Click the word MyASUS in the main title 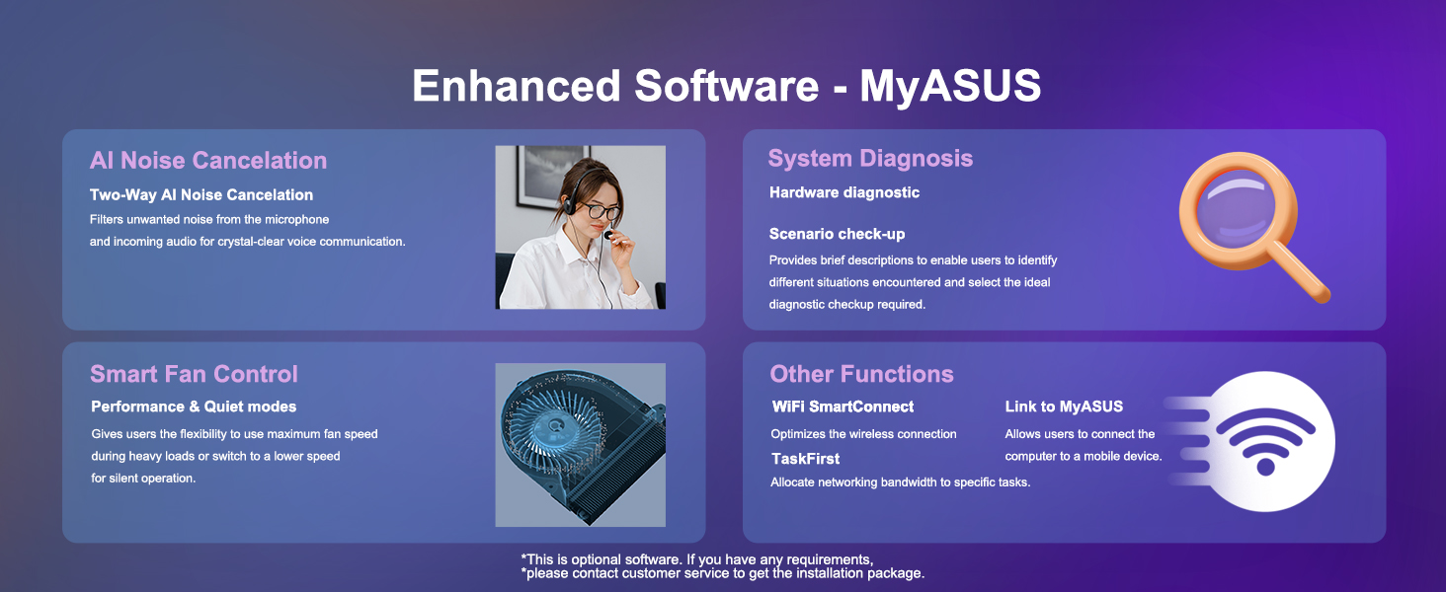pyautogui.click(x=950, y=87)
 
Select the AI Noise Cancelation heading pyautogui.click(x=208, y=161)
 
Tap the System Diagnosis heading pyautogui.click(x=870, y=159)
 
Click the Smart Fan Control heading pyautogui.click(x=194, y=374)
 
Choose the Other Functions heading pyautogui.click(x=862, y=374)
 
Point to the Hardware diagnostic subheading pyautogui.click(x=844, y=192)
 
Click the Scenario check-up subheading pyautogui.click(x=838, y=234)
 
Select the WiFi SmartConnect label pyautogui.click(x=843, y=407)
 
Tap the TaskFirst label pyautogui.click(x=806, y=459)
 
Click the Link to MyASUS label pyautogui.click(x=1064, y=407)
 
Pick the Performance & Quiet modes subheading pyautogui.click(x=194, y=407)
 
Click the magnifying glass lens pyautogui.click(x=1237, y=208)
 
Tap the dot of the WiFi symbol pyautogui.click(x=1265, y=467)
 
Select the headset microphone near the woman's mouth pyautogui.click(x=608, y=235)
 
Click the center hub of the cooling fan pyautogui.click(x=554, y=426)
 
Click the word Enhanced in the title pyautogui.click(x=517, y=86)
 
